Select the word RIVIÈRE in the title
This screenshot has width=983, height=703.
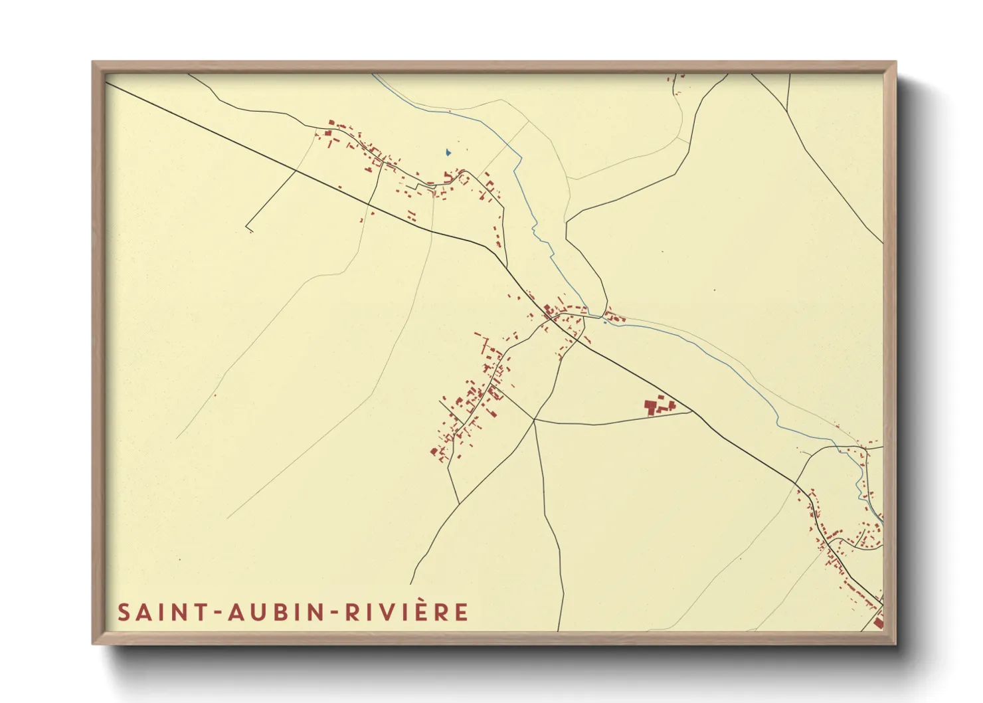point(406,612)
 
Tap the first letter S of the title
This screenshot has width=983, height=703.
point(124,612)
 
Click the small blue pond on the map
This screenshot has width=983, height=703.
point(448,152)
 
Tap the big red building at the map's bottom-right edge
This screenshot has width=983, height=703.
point(878,622)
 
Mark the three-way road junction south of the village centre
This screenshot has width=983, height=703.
point(535,420)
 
